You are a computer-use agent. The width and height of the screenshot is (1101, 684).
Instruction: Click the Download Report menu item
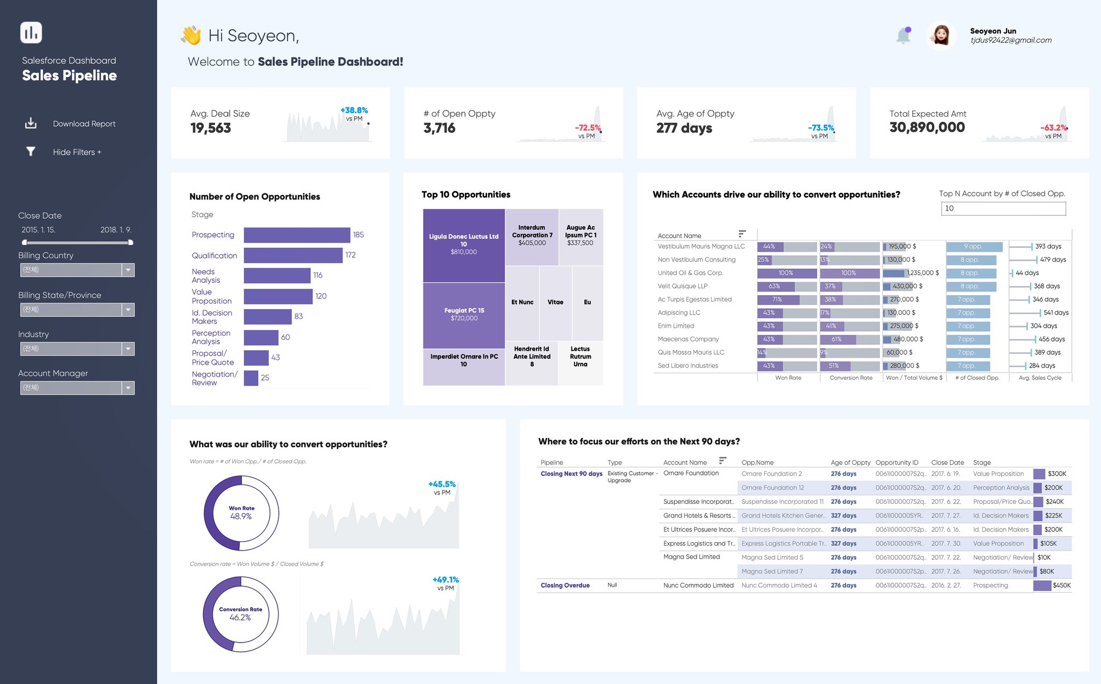(x=84, y=124)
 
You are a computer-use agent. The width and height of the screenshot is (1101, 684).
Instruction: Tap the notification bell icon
(x=904, y=35)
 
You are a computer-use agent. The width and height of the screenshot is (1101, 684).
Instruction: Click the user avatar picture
(x=941, y=35)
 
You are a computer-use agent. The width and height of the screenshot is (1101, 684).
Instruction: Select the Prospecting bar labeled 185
(x=297, y=235)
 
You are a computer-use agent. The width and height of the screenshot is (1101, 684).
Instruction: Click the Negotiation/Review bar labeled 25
(x=251, y=378)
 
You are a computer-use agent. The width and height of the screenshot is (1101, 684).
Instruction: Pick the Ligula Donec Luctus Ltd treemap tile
(x=463, y=245)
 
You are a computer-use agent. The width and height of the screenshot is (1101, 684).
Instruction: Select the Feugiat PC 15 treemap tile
(x=463, y=315)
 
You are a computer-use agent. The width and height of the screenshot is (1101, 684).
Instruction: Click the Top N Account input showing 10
(x=1003, y=209)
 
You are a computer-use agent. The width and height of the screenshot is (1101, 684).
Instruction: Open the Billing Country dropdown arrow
(x=128, y=270)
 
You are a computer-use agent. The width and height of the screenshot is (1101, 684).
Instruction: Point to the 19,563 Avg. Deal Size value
(x=211, y=128)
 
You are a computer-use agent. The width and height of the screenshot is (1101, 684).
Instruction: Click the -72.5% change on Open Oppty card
(x=588, y=128)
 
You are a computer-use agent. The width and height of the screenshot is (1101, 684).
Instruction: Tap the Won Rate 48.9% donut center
(x=241, y=513)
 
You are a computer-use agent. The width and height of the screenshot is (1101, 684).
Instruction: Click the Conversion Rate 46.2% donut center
(x=240, y=614)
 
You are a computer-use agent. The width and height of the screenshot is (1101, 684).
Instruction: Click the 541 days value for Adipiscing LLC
(x=1055, y=313)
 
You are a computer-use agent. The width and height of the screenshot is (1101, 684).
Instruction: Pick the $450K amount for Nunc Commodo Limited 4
(x=1061, y=586)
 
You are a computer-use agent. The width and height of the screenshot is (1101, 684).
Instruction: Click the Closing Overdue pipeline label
(x=565, y=586)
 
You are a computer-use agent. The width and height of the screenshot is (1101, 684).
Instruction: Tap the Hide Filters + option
(x=77, y=152)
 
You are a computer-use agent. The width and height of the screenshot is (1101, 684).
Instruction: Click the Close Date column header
(x=947, y=462)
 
